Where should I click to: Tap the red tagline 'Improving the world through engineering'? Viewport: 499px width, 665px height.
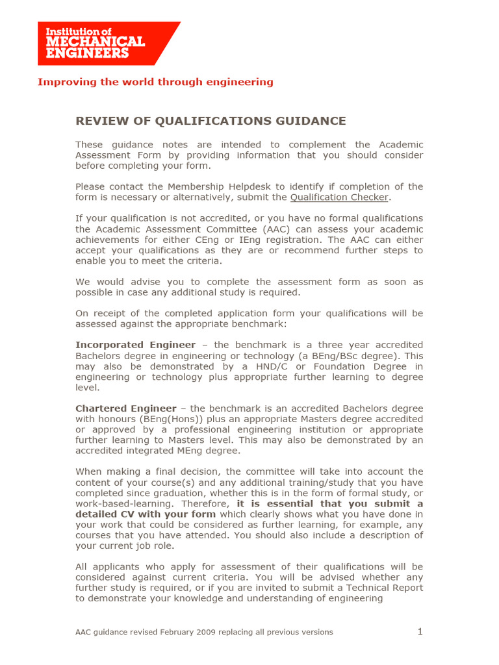(155, 82)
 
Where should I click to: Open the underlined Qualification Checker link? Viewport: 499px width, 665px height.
(339, 197)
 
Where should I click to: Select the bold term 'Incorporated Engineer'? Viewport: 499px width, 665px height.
(135, 345)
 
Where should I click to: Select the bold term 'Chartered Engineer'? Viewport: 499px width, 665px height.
(125, 408)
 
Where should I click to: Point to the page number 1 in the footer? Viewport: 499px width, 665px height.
(420, 632)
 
